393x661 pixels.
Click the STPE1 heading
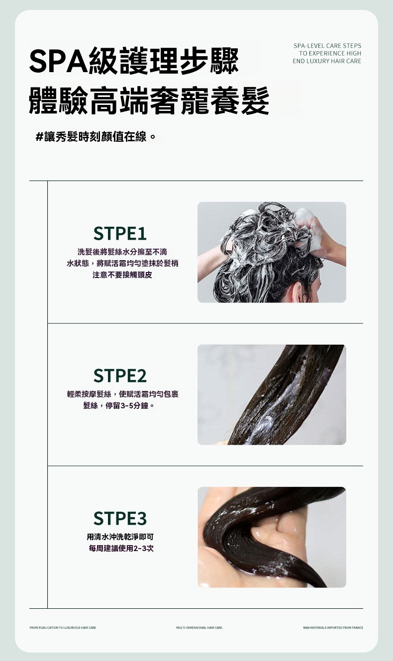[x=120, y=233]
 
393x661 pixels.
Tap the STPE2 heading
[x=120, y=376]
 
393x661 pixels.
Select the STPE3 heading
[x=120, y=518]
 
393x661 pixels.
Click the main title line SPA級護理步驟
[x=134, y=61]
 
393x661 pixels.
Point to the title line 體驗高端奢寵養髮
[x=149, y=100]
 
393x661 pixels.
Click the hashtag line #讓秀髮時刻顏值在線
[x=96, y=137]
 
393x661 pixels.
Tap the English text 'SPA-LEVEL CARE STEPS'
[x=327, y=46]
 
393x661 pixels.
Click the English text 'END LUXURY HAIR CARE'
[x=327, y=61]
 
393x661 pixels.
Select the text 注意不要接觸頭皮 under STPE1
[x=122, y=275]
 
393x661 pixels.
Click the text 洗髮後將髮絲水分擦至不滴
[x=122, y=252]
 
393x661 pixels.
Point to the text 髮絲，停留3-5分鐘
[x=118, y=406]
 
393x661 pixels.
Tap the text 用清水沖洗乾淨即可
[x=120, y=537]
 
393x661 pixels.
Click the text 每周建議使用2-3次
[x=121, y=548]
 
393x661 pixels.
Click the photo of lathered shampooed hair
[x=272, y=252]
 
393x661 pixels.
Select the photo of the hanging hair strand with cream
[x=272, y=394]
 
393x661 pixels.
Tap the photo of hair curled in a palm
[x=272, y=537]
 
